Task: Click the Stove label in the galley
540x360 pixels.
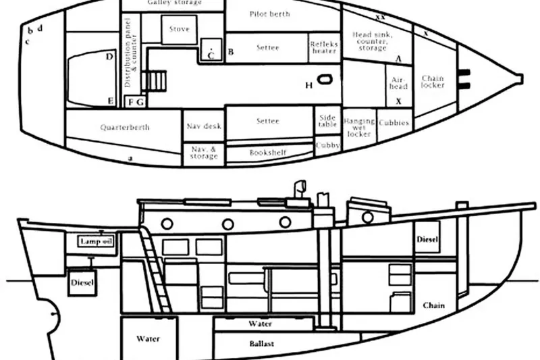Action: point(179,30)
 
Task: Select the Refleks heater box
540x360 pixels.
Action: point(323,47)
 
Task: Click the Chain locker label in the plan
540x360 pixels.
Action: point(432,82)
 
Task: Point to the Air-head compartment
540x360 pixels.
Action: point(399,82)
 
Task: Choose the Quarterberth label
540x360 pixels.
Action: point(125,127)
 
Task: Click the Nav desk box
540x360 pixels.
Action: point(203,126)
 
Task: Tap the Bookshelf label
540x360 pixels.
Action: point(268,153)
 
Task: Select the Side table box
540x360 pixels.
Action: point(327,122)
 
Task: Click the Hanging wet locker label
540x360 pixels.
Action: point(359,127)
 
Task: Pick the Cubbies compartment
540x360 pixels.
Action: point(394,124)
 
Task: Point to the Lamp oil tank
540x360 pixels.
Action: point(96,241)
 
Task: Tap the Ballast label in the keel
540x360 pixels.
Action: point(261,344)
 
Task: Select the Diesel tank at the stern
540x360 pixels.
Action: point(83,282)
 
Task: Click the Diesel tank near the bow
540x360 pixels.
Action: point(427,240)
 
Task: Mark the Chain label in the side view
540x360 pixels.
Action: point(433,306)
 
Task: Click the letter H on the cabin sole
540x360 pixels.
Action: point(309,85)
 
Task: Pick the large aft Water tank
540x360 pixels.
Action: point(148,338)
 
